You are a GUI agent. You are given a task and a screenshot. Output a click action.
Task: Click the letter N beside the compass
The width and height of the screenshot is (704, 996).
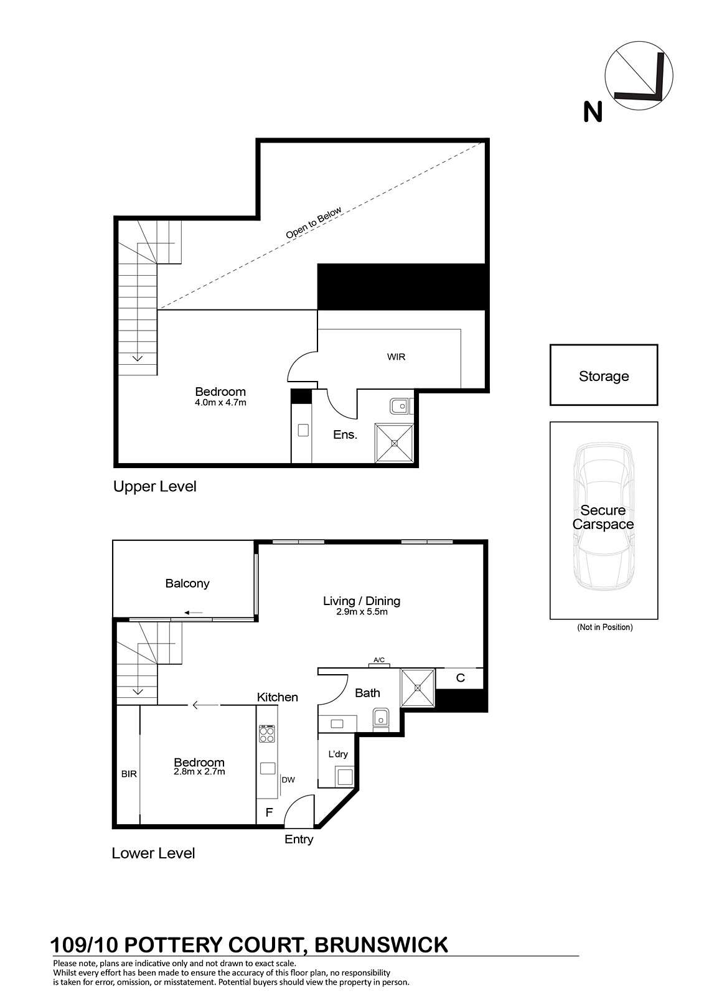pos(593,111)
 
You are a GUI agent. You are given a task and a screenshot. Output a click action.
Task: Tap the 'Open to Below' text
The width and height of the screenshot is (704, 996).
pos(314,222)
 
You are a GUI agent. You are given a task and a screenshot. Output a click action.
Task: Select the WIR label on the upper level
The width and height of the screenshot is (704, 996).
pos(396,357)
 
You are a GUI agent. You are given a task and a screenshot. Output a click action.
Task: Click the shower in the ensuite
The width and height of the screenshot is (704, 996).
pos(394,443)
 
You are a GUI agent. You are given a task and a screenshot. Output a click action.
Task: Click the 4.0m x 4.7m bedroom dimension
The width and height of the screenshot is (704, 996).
pos(220,403)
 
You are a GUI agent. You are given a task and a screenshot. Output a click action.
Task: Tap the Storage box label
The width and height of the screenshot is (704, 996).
pos(604,376)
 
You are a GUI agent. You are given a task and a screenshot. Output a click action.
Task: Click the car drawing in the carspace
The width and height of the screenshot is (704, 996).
pos(604,516)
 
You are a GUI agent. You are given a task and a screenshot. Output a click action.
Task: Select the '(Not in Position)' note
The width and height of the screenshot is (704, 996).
pos(605,627)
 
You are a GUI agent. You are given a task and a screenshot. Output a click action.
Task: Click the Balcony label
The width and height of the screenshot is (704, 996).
pos(187,583)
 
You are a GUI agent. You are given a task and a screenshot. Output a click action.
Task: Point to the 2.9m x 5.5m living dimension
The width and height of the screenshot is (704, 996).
pos(362,612)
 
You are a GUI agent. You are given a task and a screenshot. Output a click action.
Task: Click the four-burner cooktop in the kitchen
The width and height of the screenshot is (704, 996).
pos(267,734)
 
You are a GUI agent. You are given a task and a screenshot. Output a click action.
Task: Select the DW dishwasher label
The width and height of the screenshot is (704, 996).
pos(288,780)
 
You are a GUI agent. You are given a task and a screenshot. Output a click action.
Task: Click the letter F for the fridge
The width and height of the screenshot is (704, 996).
pos(269,812)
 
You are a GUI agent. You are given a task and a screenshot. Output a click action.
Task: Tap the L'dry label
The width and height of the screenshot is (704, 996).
pos(338,754)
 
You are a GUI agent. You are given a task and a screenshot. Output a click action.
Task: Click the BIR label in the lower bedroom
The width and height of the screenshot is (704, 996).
pos(129,774)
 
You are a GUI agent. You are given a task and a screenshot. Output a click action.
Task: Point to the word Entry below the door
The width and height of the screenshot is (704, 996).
pos(299,840)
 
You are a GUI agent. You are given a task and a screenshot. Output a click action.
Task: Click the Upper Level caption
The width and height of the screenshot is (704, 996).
pos(155,486)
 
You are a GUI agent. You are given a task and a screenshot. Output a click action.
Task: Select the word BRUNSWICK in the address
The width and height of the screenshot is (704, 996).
pos(381,946)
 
